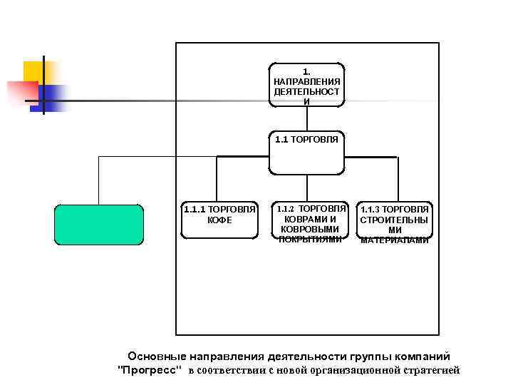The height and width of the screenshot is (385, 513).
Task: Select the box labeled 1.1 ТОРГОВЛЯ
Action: pyautogui.click(x=306, y=152)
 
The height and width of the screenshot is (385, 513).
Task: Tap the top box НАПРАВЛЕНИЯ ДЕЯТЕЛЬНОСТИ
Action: pyautogui.click(x=306, y=86)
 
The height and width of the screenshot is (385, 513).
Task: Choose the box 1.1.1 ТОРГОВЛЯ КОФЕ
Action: pyautogui.click(x=219, y=219)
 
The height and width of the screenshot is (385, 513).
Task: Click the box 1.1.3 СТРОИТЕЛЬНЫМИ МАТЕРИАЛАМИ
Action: pyautogui.click(x=395, y=224)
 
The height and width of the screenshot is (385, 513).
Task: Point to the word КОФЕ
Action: pyautogui.click(x=219, y=220)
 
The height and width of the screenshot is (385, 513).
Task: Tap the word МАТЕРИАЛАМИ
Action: pyautogui.click(x=395, y=240)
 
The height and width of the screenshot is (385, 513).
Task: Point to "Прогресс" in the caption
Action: pyautogui.click(x=149, y=370)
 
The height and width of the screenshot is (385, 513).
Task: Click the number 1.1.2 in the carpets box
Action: pyautogui.click(x=285, y=208)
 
